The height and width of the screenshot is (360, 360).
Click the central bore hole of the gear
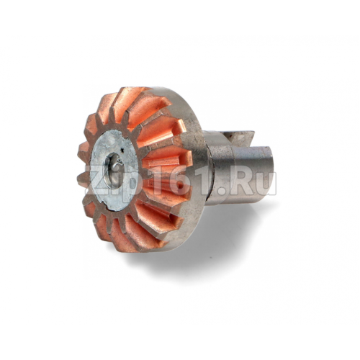[x=112, y=171]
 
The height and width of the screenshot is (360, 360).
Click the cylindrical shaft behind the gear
[x=239, y=173]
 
